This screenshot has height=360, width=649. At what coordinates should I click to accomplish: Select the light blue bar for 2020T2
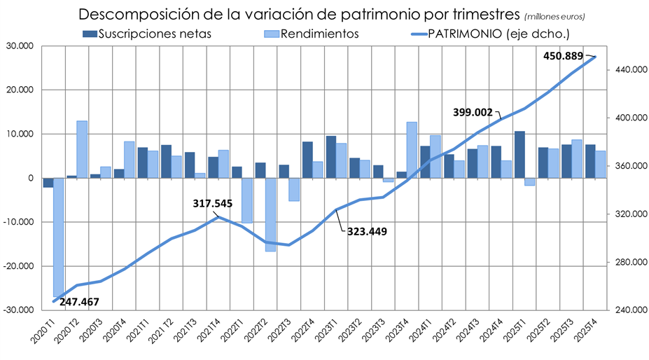[82, 149]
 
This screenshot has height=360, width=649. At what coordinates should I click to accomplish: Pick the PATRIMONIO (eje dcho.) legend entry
[498, 33]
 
